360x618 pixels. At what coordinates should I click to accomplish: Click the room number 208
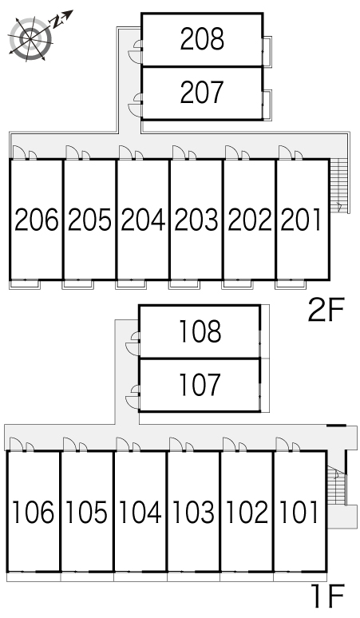[x=202, y=38]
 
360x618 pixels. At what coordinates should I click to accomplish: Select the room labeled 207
[x=202, y=93]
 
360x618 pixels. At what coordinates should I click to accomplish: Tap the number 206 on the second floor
[x=36, y=220]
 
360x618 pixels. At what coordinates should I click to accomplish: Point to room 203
[x=196, y=220]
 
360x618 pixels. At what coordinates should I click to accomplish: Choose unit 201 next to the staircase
[x=302, y=220]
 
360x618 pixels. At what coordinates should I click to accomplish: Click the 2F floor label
[x=326, y=310]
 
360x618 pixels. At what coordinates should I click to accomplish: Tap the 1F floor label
[x=328, y=596]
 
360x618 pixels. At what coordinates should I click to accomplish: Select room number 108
[x=200, y=331]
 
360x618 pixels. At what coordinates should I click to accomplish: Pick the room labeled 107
[x=200, y=385]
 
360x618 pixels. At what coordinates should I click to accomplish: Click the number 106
[x=33, y=512]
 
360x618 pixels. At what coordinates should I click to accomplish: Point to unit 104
[x=140, y=512]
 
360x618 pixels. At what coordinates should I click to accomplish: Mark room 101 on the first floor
[x=299, y=512]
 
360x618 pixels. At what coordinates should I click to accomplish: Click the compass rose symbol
[x=30, y=38]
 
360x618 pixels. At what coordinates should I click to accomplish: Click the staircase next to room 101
[x=336, y=485]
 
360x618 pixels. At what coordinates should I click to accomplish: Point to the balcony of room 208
[x=267, y=51]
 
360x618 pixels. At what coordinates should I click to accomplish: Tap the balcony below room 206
[x=25, y=283]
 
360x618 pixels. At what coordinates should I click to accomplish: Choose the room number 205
[x=89, y=220]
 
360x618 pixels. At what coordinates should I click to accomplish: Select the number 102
[x=247, y=512]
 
